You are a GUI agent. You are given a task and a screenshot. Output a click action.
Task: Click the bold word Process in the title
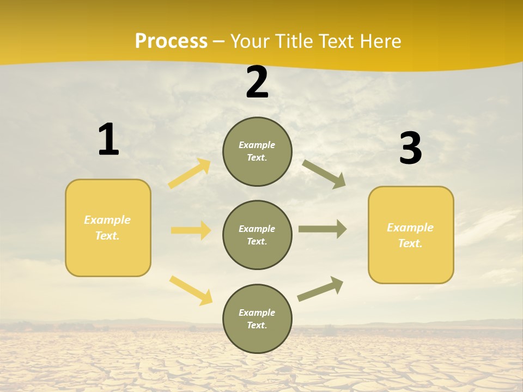(171, 41)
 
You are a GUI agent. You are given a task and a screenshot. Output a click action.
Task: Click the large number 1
(108, 140)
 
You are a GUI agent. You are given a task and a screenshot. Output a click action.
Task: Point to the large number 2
(257, 83)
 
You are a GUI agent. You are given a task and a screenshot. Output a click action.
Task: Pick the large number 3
(410, 149)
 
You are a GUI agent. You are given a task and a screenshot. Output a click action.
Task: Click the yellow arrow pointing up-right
(190, 173)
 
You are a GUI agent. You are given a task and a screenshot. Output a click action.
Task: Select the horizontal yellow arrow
(191, 230)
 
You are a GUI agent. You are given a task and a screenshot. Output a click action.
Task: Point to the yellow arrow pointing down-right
(191, 290)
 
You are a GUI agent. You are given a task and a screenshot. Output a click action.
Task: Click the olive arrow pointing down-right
(324, 174)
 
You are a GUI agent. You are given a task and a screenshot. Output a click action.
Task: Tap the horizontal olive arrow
(323, 229)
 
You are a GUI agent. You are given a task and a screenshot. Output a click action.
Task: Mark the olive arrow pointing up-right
(320, 289)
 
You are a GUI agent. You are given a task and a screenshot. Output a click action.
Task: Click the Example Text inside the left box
(107, 228)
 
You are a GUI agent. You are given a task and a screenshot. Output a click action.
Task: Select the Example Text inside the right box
(410, 235)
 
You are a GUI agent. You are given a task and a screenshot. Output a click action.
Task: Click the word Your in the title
(251, 41)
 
